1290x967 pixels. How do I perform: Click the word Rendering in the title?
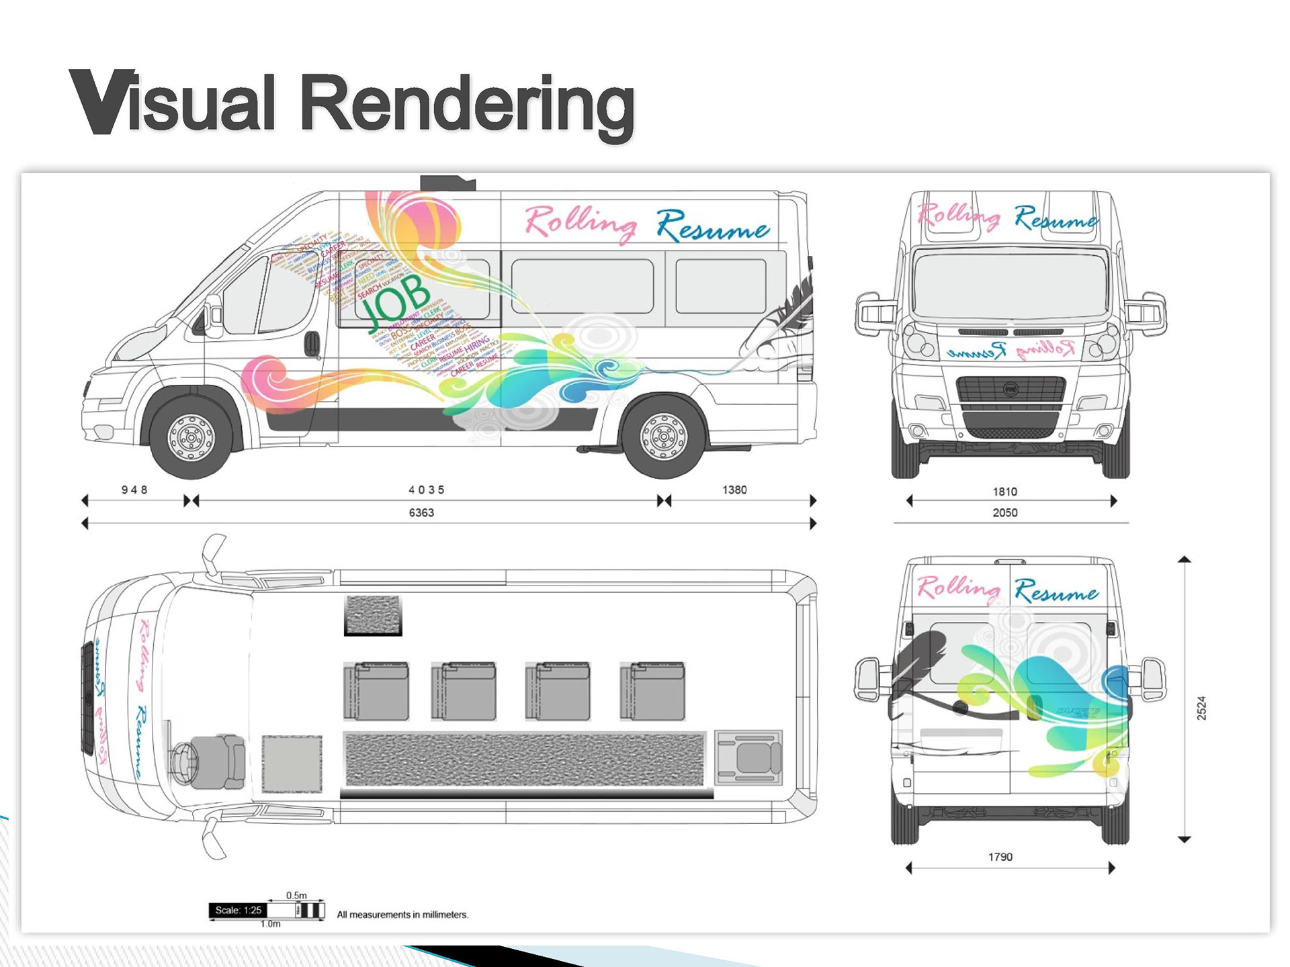click(466, 105)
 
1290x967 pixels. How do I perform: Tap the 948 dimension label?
click(134, 490)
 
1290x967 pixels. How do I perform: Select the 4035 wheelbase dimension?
click(427, 490)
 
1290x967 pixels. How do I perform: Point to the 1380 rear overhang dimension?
click(734, 490)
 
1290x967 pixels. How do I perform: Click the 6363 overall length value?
click(421, 513)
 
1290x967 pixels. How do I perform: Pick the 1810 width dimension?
click(1004, 492)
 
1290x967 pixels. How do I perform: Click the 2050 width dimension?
click(1004, 513)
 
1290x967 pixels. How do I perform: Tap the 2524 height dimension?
click(1201, 708)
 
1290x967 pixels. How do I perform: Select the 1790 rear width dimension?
click(1000, 857)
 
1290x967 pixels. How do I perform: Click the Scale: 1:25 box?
click(238, 911)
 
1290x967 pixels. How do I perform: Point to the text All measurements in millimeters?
click(402, 915)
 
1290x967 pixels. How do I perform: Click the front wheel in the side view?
click(191, 437)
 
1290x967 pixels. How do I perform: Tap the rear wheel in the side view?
click(664, 437)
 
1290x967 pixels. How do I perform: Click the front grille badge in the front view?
click(1010, 389)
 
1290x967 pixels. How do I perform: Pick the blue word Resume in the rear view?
click(1056, 592)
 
